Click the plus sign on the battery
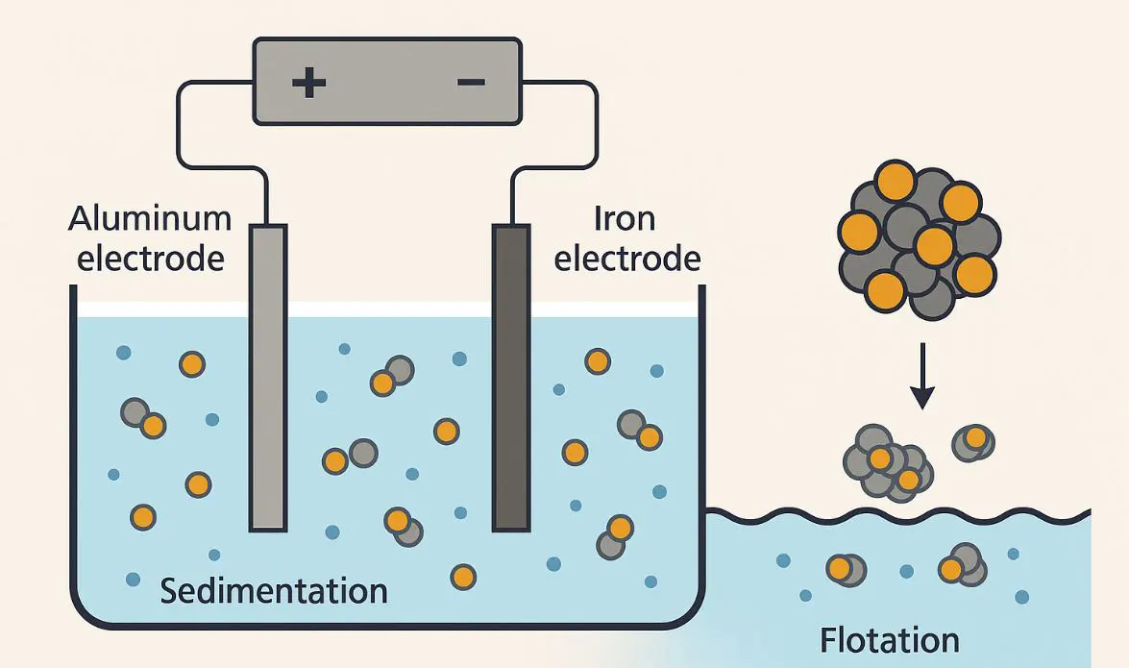click(308, 82)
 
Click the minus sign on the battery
click(471, 82)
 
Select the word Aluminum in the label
click(150, 219)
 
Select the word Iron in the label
click(625, 219)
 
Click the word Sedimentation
click(274, 589)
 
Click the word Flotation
click(889, 640)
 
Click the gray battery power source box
click(387, 81)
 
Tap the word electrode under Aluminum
click(150, 259)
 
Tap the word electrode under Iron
click(626, 259)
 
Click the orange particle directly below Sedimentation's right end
click(463, 577)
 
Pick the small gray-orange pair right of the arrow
click(972, 442)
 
